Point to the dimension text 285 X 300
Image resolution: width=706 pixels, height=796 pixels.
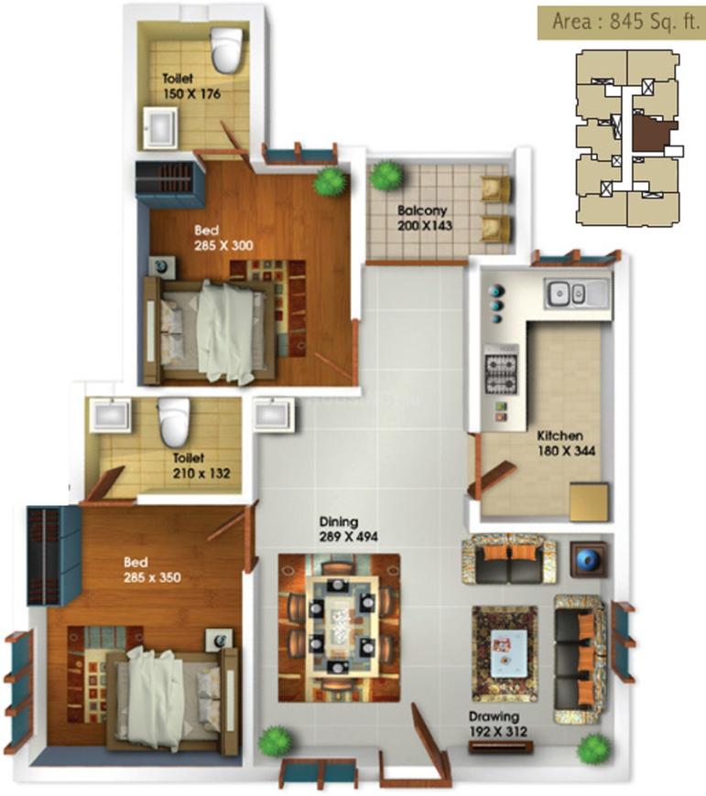(x=223, y=245)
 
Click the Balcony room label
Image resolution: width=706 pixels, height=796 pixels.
(x=421, y=210)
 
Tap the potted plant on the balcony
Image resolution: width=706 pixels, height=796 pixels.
(x=387, y=176)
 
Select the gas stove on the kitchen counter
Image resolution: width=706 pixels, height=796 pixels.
(x=500, y=368)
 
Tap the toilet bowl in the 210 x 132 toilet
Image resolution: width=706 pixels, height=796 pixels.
(x=172, y=420)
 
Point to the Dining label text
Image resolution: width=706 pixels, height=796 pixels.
(x=339, y=522)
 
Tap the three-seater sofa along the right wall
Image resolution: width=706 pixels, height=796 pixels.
(x=580, y=656)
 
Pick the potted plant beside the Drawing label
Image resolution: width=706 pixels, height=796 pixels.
(x=593, y=748)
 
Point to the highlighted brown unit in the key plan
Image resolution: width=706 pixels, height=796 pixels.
(x=652, y=132)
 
